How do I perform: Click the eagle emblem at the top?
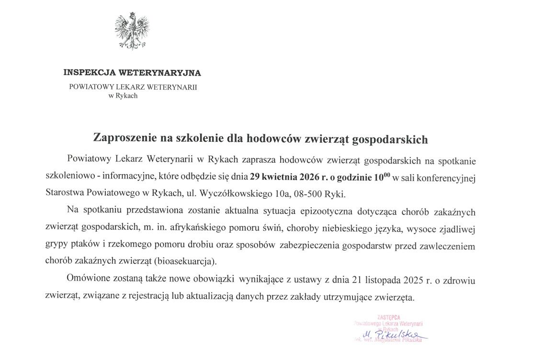(x=132, y=31)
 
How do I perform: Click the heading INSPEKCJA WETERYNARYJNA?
(x=132, y=73)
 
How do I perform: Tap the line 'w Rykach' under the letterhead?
(x=123, y=96)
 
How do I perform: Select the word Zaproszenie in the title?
(x=120, y=139)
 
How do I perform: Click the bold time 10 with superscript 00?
(x=382, y=176)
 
